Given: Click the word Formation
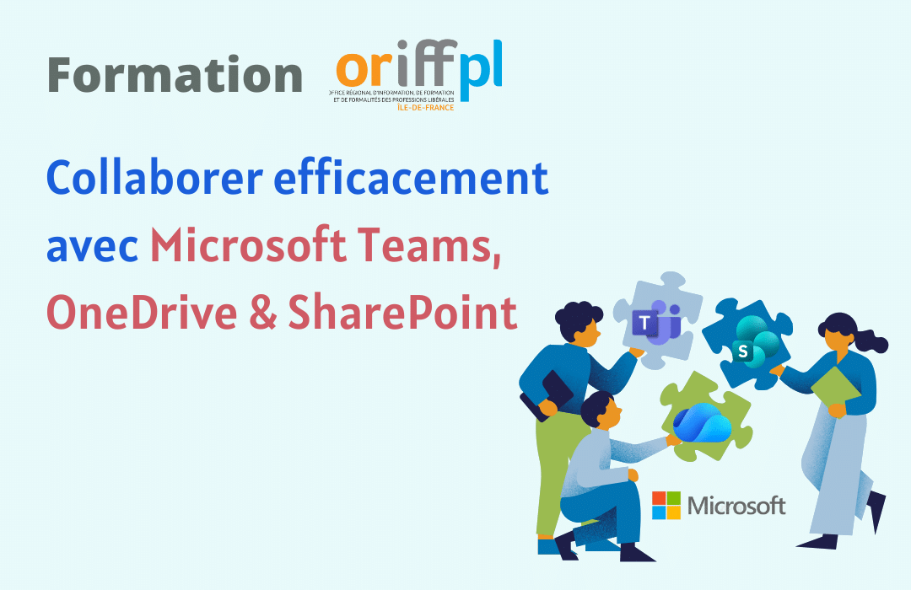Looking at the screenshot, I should (x=175, y=75).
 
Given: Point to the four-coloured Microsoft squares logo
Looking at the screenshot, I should (x=666, y=506).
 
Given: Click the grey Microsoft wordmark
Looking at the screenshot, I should (x=736, y=506).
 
